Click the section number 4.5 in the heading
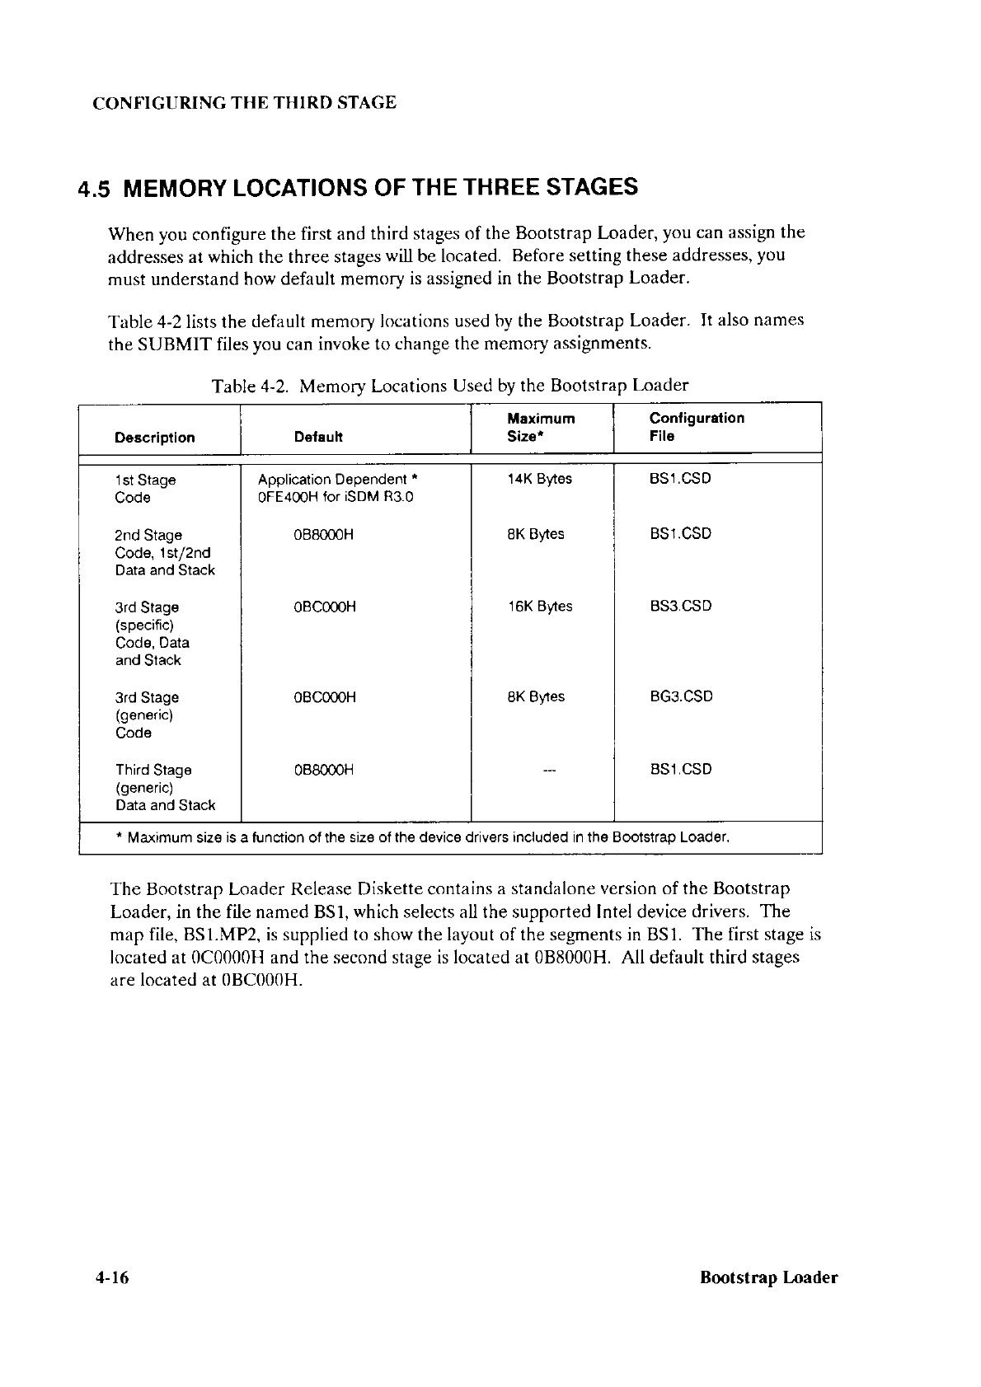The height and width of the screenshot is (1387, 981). (95, 189)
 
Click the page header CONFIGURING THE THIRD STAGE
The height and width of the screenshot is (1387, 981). (244, 103)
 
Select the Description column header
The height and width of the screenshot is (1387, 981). (155, 438)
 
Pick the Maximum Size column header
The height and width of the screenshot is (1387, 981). (541, 428)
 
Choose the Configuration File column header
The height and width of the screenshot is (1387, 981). (697, 427)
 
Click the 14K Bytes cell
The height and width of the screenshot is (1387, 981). (540, 479)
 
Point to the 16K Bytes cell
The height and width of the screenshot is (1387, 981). (540, 607)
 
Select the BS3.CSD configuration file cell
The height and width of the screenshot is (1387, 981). (680, 607)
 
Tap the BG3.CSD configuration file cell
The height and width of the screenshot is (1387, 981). (681, 696)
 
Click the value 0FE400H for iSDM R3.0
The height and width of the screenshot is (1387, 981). (336, 497)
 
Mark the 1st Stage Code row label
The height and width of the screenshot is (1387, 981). (145, 488)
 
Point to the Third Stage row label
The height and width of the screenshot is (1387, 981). (153, 770)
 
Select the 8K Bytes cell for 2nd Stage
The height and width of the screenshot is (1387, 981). (536, 534)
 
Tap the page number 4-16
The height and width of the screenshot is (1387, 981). (113, 1278)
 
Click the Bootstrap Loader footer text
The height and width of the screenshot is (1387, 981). (768, 1278)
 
